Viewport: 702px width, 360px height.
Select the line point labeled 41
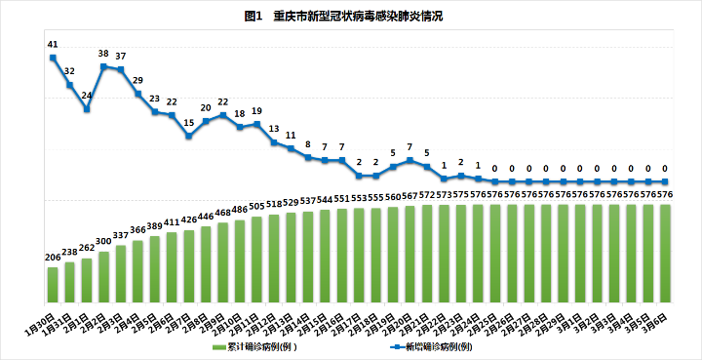[53, 58]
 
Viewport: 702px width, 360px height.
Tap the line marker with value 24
[87, 109]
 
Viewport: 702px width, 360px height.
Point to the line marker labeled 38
[103, 66]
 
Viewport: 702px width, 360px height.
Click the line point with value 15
[189, 136]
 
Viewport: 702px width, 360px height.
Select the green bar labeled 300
[103, 275]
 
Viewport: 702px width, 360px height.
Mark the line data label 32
[69, 71]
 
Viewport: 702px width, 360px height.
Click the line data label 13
[274, 129]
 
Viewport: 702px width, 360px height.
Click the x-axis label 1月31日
[58, 319]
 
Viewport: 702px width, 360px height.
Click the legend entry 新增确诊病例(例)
[433, 346]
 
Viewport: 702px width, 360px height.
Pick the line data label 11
[291, 136]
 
